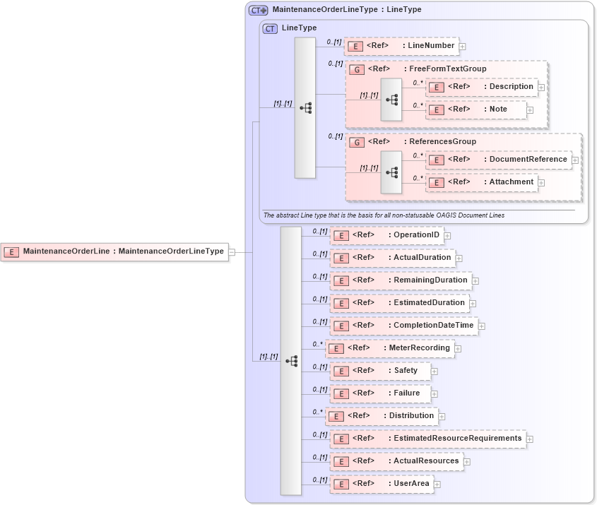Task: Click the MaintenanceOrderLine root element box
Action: pos(114,251)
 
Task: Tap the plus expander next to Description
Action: pos(541,88)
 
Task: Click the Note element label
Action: pos(499,109)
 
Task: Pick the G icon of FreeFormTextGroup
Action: pos(357,70)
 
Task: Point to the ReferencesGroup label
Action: pos(442,142)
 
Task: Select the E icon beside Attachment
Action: pos(437,183)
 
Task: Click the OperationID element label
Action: pos(416,235)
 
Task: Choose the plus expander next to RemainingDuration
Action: pos(475,281)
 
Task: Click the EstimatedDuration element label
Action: pos(429,303)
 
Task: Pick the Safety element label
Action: pos(406,371)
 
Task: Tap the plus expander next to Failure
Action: pos(435,394)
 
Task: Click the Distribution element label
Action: pos(411,416)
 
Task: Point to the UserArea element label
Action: pos(411,484)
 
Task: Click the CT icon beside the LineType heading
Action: pos(270,29)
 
